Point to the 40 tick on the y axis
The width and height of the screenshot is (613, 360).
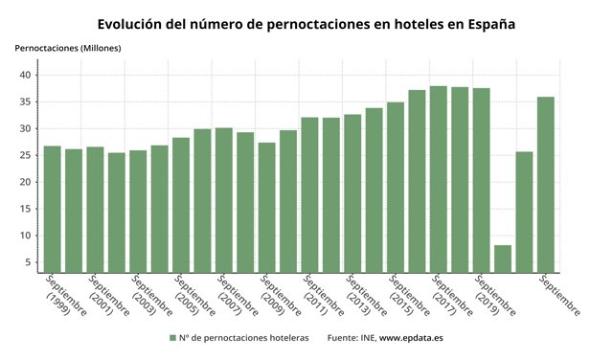click(28, 75)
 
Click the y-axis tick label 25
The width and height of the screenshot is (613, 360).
click(28, 155)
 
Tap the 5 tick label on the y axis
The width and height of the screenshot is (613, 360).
click(31, 262)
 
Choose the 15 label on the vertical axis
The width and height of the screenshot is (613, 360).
click(28, 209)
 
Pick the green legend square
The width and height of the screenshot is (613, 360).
click(172, 338)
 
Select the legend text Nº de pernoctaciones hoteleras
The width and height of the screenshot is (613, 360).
click(244, 338)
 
